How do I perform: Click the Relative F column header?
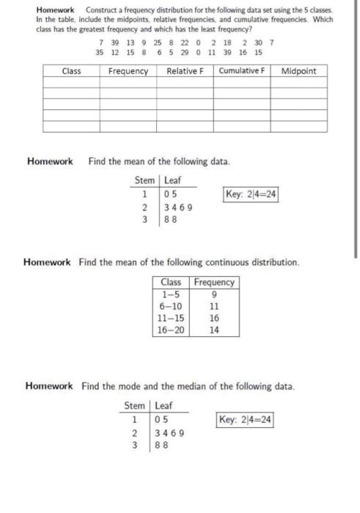pos(185,71)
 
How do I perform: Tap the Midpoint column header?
pos(299,71)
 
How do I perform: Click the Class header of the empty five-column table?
pos(71,71)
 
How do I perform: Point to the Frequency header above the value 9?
pos(215,282)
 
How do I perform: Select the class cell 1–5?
pos(171,294)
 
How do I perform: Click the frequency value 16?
pos(214,318)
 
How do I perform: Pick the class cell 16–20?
pos(171,330)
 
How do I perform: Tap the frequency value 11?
pos(214,306)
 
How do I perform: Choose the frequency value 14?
pos(214,330)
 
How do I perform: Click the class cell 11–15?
pos(171,318)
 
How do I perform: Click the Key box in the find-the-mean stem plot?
pos(250,194)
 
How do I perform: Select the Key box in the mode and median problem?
pos(245,419)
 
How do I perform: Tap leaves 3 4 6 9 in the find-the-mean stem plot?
pos(179,207)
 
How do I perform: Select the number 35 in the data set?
pos(100,53)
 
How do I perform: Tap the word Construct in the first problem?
pos(103,10)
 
